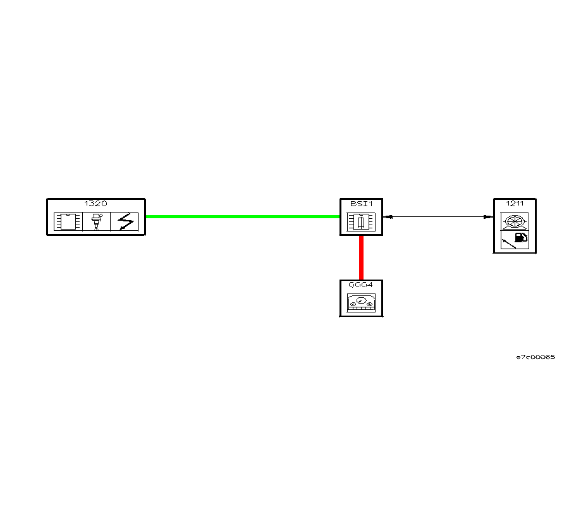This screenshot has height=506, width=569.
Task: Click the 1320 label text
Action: (x=96, y=204)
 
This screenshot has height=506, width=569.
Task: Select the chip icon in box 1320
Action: (x=68, y=221)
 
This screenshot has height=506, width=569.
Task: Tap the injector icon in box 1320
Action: (x=97, y=221)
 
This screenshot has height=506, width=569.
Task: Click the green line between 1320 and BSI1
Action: (x=243, y=216)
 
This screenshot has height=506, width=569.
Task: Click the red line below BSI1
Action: (x=361, y=257)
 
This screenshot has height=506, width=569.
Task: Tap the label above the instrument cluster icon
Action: (x=361, y=285)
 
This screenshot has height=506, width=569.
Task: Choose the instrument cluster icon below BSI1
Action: (x=361, y=303)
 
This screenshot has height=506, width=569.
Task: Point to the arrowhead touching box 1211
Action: (x=488, y=216)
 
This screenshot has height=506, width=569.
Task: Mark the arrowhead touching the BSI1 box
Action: (x=389, y=216)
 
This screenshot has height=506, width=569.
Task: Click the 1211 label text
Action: (x=515, y=204)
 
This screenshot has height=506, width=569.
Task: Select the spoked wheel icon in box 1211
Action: (x=515, y=221)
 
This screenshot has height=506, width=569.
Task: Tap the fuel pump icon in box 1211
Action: (x=521, y=238)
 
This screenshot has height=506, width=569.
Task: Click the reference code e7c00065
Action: (x=535, y=357)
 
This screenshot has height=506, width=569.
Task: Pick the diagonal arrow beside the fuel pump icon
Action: (x=508, y=242)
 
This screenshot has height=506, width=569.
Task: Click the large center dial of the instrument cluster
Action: (x=361, y=300)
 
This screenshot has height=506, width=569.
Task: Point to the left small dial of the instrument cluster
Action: (x=353, y=304)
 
